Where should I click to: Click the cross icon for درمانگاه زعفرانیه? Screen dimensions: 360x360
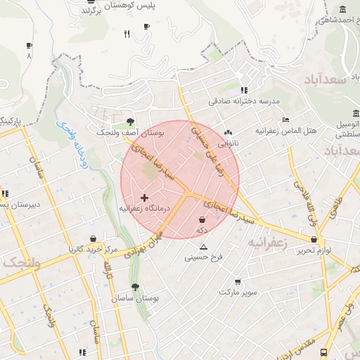pyautogui.click(x=145, y=199)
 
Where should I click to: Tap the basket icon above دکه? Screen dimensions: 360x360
pyautogui.click(x=202, y=220)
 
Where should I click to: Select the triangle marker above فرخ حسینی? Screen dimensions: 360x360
pyautogui.click(x=204, y=247)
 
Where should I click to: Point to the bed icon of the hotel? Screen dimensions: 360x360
pyautogui.click(x=285, y=120)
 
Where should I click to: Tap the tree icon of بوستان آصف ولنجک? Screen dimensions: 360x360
pyautogui.click(x=130, y=122)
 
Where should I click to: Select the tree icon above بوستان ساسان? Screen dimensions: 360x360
pyautogui.click(x=135, y=287)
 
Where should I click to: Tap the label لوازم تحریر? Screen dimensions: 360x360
pyautogui.click(x=314, y=250)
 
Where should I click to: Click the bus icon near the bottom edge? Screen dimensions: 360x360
pyautogui.click(x=323, y=352)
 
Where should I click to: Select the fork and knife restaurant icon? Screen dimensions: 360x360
pyautogui.click(x=127, y=33)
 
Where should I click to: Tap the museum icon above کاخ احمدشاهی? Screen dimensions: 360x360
pyautogui.click(x=342, y=9)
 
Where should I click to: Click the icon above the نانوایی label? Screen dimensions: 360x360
pyautogui.click(x=227, y=132)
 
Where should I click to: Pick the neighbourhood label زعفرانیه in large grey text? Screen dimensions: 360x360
pyautogui.click(x=266, y=243)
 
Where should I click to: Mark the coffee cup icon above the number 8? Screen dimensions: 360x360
pyautogui.click(x=29, y=45)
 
